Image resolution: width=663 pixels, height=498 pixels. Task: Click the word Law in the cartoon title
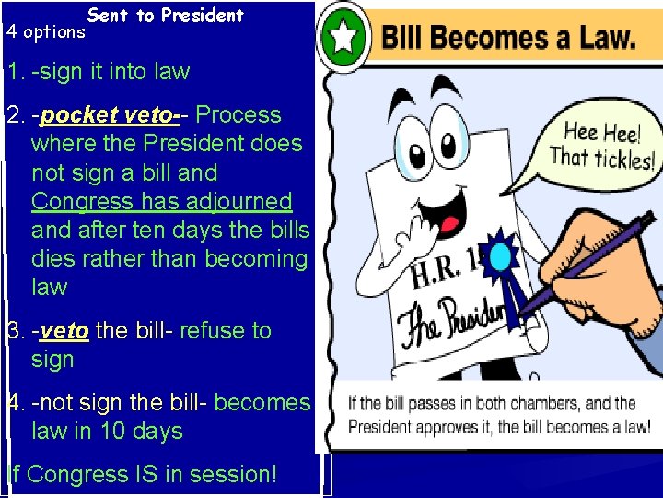(602, 39)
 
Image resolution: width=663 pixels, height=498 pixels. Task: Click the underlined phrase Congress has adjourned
(161, 201)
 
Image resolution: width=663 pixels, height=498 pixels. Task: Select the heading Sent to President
(166, 15)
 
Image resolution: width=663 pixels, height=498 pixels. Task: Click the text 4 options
(45, 32)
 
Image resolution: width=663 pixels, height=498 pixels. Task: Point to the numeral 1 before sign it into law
(11, 72)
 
